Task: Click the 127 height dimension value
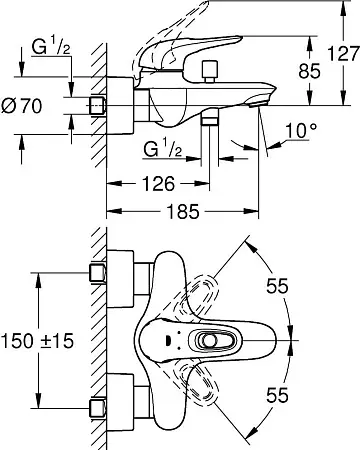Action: tap(344, 54)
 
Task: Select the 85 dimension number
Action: tap(309, 71)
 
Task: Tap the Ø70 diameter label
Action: tap(22, 106)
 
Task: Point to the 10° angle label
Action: tap(301, 130)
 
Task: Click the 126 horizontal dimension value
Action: tap(159, 183)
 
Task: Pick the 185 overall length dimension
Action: tap(183, 211)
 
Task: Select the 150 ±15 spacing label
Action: tap(37, 341)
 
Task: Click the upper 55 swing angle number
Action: tap(277, 286)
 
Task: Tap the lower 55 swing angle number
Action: tap(277, 395)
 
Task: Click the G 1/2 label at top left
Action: tap(51, 47)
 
